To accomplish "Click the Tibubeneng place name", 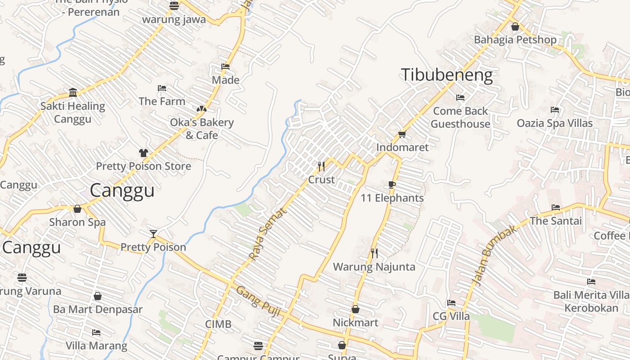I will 446,75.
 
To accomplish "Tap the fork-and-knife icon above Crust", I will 321,166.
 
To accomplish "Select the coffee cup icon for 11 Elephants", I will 392,184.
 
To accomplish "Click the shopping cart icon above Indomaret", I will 402,134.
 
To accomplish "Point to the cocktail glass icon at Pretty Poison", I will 153,234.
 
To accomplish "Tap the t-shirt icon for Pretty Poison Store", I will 143,153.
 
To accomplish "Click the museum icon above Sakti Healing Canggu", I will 73,93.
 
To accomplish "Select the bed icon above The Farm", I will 162,88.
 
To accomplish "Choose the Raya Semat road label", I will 267,234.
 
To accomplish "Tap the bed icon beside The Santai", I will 556,207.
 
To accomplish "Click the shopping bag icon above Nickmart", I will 355,309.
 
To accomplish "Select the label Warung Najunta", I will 374,267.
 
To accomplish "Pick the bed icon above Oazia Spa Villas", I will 555,110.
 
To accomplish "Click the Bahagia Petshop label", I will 515,40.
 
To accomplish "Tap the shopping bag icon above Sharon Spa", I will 77,209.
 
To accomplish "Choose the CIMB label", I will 218,324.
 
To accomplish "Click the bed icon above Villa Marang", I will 96,333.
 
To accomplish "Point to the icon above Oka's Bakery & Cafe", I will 201,109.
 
